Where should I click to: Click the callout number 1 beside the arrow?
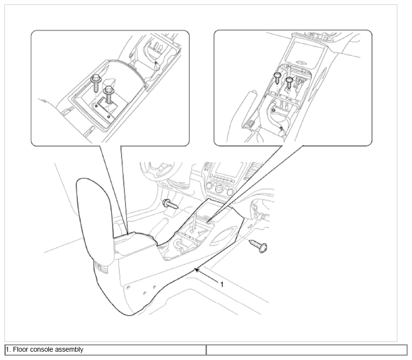pos(222,284)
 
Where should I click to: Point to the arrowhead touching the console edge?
pos(197,270)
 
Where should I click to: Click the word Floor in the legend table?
pos(20,349)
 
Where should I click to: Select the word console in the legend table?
pos(40,349)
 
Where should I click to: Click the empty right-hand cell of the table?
pos(307,350)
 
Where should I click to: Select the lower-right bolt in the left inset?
pos(108,94)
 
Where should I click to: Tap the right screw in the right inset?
pos(289,82)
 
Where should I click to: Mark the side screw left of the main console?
pos(170,204)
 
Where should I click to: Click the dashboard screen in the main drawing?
pos(228,170)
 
